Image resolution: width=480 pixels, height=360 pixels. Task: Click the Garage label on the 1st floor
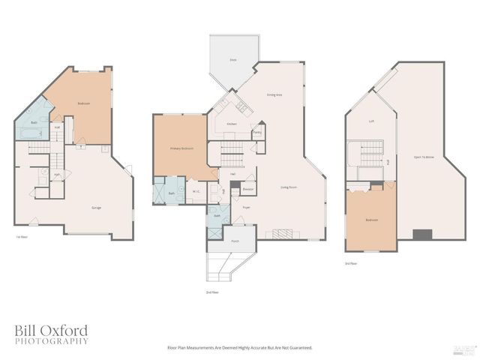97,208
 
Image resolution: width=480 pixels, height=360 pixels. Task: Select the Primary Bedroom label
181,149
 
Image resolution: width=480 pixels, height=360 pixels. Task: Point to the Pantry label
257,132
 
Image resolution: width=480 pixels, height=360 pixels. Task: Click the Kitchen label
232,124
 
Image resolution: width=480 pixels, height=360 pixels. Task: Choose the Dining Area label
274,94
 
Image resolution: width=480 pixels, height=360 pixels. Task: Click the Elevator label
248,190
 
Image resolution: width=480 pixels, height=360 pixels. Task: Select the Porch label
234,241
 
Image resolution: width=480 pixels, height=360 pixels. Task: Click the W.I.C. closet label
193,190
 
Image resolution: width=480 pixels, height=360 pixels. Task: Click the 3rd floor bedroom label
372,220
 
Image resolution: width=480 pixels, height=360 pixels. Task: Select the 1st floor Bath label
34,122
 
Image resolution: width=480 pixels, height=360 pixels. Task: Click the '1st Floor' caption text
22,237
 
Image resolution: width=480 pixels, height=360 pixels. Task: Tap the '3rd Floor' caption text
350,264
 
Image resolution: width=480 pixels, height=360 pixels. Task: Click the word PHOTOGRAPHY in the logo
51,341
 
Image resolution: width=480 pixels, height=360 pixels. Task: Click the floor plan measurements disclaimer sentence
239,347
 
